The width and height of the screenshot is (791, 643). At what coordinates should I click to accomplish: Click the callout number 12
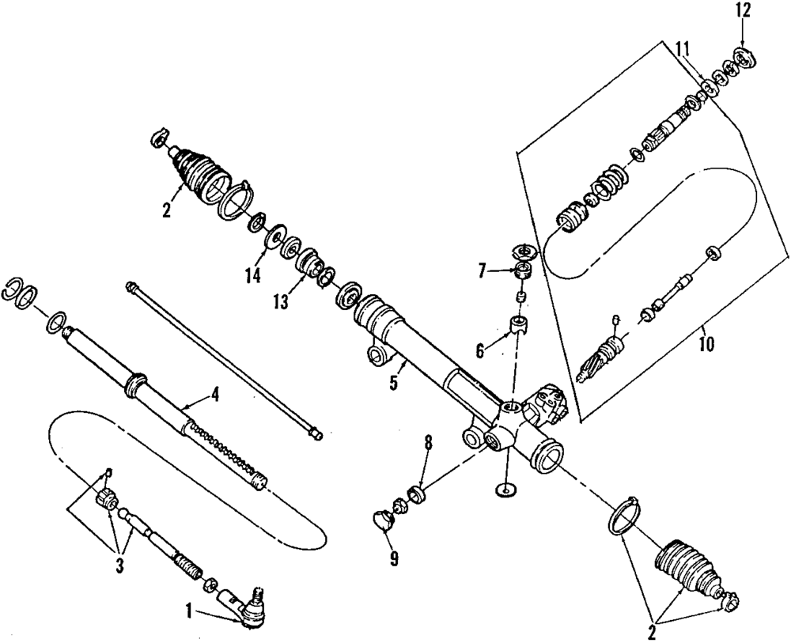click(x=741, y=11)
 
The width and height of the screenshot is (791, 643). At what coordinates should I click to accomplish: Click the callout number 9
click(x=393, y=558)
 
